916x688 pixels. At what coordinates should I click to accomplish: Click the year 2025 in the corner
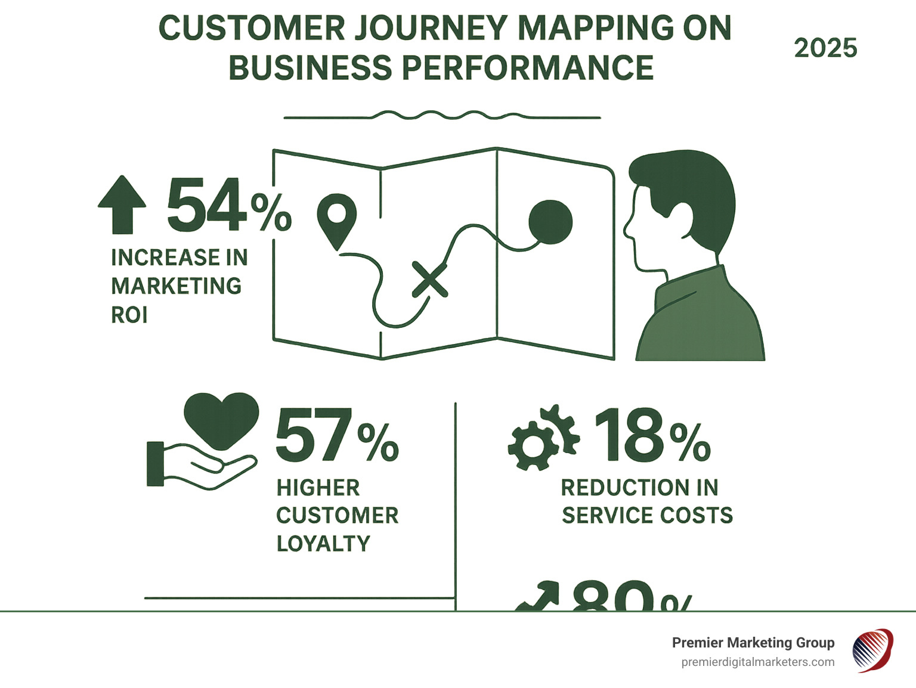tap(825, 48)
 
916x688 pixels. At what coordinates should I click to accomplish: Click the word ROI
tap(129, 315)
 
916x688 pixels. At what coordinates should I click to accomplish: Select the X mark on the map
tap(429, 279)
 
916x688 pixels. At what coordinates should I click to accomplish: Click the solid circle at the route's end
tap(550, 222)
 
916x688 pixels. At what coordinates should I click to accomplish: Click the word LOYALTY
tap(323, 544)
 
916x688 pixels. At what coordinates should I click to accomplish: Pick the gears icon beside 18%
tap(543, 438)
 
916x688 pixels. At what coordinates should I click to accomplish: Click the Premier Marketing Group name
tap(753, 643)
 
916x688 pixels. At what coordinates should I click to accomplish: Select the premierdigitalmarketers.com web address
tap(757, 662)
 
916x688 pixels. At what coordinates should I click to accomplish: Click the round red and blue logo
tap(872, 650)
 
